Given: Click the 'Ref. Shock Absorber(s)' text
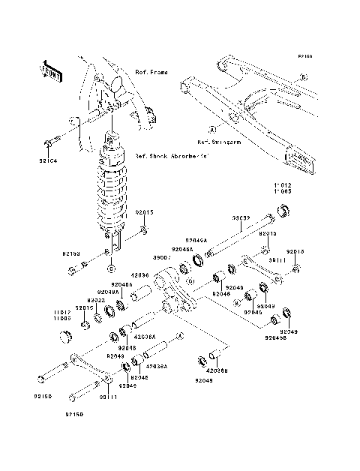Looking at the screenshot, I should [172, 157].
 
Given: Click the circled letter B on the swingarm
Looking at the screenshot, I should [304, 77].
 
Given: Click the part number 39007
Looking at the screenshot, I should [163, 257].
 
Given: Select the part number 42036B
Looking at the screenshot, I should [217, 370].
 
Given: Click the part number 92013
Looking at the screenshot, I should [295, 251].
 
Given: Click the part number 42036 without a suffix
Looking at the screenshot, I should [140, 275].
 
